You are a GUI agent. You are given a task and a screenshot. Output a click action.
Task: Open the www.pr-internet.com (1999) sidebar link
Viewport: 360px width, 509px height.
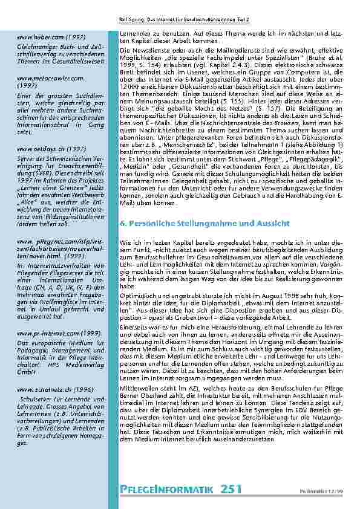[50, 332]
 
